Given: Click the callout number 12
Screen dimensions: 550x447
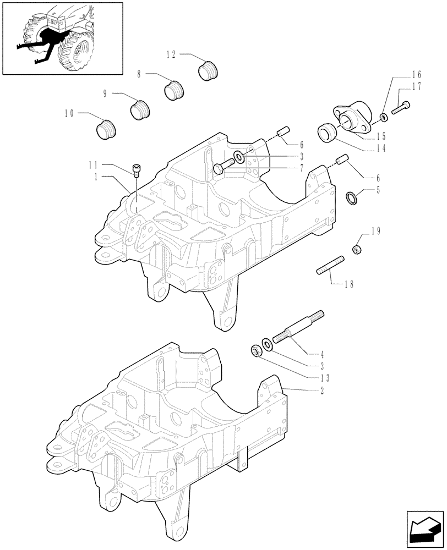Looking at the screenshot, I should coord(171,54).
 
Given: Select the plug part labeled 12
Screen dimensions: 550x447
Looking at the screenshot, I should coord(208,71).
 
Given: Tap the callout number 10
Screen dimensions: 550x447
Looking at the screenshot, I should coord(69,113).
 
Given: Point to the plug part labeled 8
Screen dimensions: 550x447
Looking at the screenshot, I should coord(174,90).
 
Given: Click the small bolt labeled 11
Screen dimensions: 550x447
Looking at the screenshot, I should coord(137,170).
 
